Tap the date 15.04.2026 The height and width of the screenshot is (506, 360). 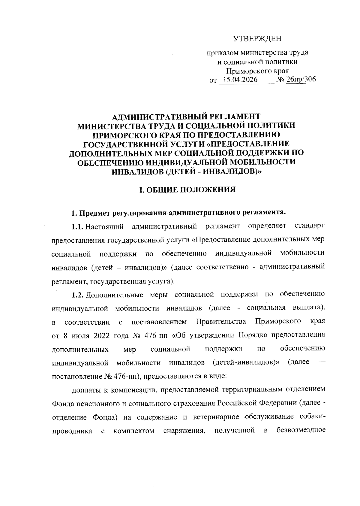click(240, 80)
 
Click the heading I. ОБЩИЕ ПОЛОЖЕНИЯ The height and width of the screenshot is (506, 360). click(186, 189)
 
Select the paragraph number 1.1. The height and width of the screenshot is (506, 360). click(78, 226)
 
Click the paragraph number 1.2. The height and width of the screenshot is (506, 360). click(78, 294)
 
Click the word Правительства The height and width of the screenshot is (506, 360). click(221, 322)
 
